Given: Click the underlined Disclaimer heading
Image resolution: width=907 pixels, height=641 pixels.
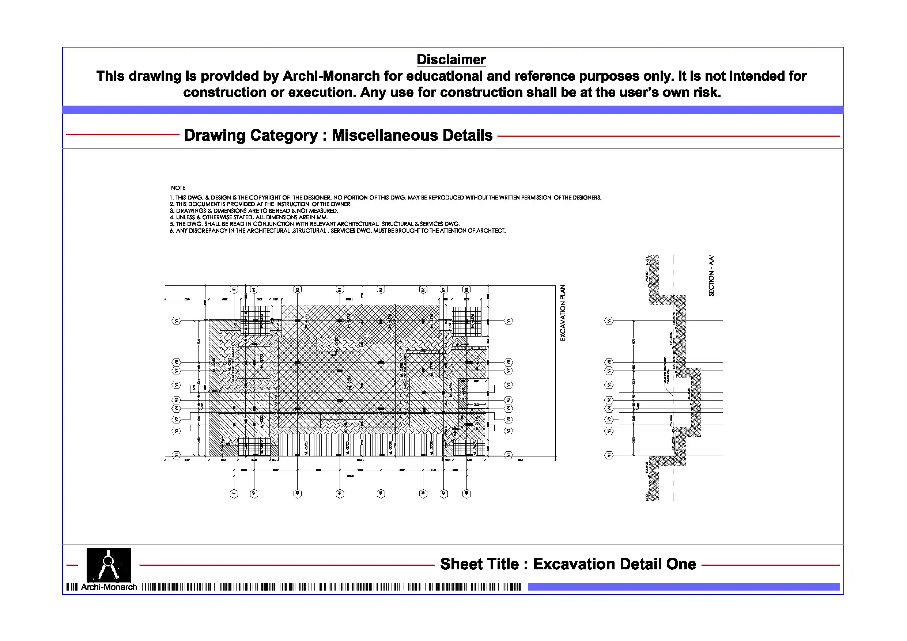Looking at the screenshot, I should pos(451,60).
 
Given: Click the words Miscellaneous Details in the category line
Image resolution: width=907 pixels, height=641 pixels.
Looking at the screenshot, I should pos(412,135).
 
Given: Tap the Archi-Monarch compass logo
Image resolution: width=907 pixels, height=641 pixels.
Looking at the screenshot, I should pos(109,565).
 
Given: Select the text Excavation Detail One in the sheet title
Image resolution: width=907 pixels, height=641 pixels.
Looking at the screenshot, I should pos(614,564).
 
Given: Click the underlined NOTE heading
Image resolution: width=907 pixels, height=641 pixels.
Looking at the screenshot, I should pos(178,188).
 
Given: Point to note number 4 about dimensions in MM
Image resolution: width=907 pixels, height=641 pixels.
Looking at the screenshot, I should pos(249,217).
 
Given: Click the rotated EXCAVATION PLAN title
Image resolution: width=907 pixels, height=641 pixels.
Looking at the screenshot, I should pos(563,312).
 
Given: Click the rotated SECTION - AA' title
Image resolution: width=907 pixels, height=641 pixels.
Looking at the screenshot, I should pos(711,275).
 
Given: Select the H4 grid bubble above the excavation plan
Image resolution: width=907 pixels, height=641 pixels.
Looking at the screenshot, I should pos(340,289).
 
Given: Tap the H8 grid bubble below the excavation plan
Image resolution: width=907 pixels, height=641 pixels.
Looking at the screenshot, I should pos(466,493).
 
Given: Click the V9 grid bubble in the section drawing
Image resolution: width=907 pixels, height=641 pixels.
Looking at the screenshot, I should pos(609,321).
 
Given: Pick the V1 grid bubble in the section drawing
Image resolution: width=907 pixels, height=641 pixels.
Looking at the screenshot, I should pos(609,455).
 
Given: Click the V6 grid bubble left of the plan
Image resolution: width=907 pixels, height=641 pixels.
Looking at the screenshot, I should pos(176,385).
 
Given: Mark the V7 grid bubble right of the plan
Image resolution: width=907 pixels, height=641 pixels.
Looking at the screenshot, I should pos(509,371).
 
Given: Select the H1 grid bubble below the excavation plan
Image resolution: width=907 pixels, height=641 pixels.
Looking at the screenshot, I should pos(234,493).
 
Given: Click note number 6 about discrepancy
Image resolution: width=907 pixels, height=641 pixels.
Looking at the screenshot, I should pos(337,231).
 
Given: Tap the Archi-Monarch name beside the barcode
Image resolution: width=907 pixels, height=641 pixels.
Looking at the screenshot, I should pos(109,587).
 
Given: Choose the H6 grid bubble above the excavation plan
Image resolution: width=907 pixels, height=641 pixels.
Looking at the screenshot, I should pos(423,289).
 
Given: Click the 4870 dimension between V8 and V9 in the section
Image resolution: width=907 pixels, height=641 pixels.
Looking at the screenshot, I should pos(634,341).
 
